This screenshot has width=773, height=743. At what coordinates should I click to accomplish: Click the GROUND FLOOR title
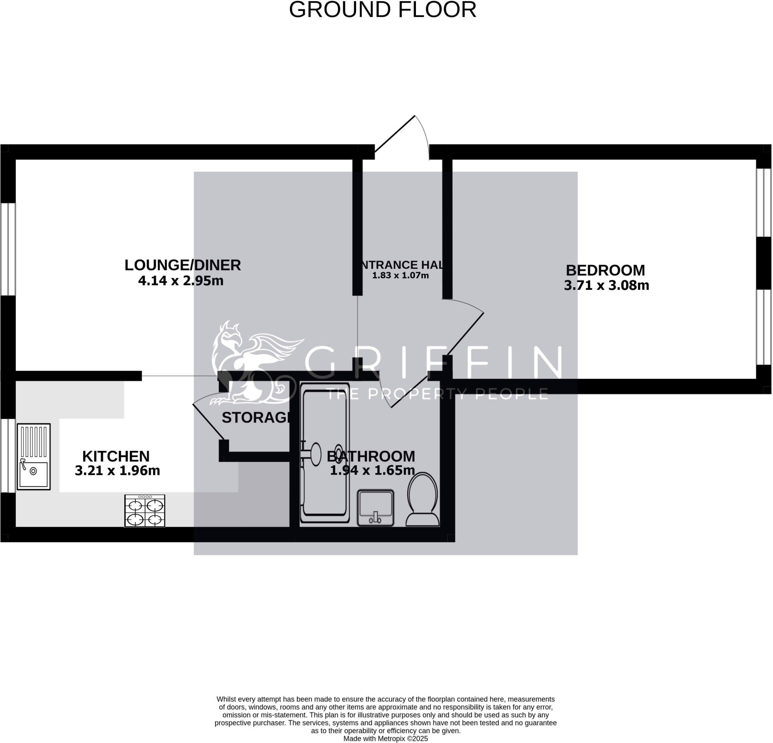pos(383,10)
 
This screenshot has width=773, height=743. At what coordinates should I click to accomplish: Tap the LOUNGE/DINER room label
pos(183,265)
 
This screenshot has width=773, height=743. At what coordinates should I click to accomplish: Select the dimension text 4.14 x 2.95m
pos(181,280)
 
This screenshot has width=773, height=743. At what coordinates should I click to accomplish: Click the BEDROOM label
pos(605,270)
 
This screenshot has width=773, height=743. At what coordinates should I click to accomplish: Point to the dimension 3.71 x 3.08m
pos(606,285)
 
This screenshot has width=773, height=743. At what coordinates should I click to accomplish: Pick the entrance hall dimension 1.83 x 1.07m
pos(400,276)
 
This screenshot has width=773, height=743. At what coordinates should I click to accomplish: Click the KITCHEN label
pos(116,456)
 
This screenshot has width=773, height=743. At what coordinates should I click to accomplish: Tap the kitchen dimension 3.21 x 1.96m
pos(117,470)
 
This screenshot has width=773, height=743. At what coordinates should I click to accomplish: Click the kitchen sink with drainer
pos(34,457)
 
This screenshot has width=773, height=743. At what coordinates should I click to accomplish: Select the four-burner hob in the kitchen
pos(145,510)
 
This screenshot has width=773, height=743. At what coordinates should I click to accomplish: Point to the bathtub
pos(325,453)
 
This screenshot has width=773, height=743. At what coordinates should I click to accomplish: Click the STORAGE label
pos(256,418)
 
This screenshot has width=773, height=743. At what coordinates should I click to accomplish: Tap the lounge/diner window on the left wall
pos(8,249)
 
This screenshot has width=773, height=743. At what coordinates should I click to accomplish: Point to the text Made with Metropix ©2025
pos(385,739)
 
